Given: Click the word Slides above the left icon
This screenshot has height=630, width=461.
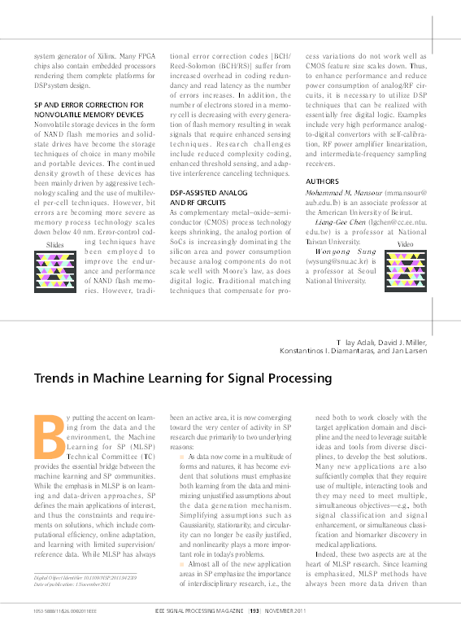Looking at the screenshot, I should (x=55, y=244).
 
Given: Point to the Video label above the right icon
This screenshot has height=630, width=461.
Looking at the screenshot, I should (x=404, y=243).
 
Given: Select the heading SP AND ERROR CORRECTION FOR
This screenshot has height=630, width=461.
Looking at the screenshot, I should (x=89, y=105).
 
